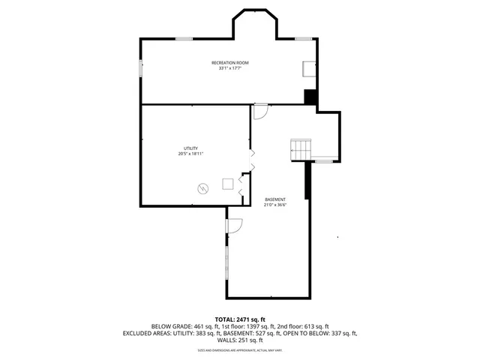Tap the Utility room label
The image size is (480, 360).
click(x=190, y=148)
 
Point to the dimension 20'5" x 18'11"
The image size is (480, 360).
click(x=190, y=154)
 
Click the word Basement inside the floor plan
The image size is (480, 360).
click(x=274, y=199)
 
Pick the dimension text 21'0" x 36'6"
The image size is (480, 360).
click(x=274, y=205)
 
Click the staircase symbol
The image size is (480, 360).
click(x=301, y=148)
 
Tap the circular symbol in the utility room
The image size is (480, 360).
click(x=202, y=188)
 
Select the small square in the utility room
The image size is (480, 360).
click(x=227, y=184)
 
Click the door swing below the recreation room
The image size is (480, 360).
click(x=259, y=112)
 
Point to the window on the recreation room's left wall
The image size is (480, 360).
click(x=140, y=68)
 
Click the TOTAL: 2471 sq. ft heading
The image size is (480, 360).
click(x=240, y=319)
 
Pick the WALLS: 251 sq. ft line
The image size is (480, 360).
click(x=240, y=340)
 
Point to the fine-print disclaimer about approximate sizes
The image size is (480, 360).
click(x=240, y=349)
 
